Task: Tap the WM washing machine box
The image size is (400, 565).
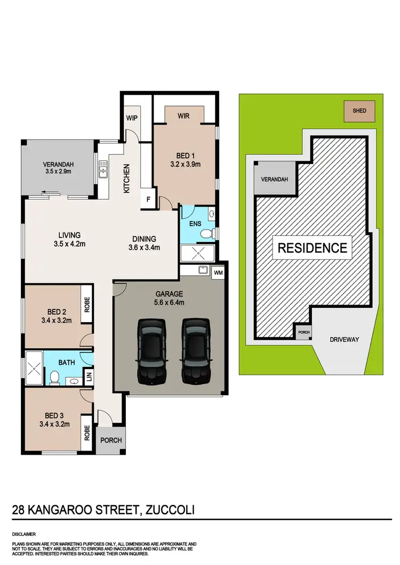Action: coord(218,273)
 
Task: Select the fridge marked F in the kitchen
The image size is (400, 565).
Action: coord(148,200)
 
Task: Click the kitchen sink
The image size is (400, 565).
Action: coord(102,171)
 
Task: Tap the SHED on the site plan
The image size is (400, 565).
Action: coord(359,111)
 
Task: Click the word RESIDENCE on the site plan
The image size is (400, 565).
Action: coord(312,248)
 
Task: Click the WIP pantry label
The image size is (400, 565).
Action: coord(132,119)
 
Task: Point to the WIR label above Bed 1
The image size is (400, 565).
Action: coord(183,116)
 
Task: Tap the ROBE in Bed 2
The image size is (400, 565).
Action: coord(87,305)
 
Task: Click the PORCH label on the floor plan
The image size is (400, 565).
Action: coord(111,440)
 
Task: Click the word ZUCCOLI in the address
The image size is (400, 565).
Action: coord(168,510)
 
